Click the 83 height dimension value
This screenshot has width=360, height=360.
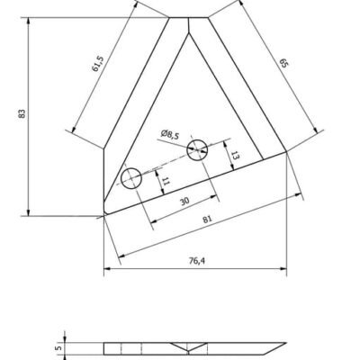(x=20, y=114)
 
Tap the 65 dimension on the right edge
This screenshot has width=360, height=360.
(x=283, y=64)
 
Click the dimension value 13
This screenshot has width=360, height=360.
(x=235, y=154)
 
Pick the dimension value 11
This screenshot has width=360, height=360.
(x=166, y=182)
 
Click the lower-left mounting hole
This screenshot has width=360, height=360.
(x=132, y=177)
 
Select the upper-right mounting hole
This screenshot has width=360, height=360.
(x=197, y=148)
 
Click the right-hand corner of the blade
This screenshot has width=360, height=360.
(x=287, y=153)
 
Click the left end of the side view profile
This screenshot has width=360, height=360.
(x=104, y=348)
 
